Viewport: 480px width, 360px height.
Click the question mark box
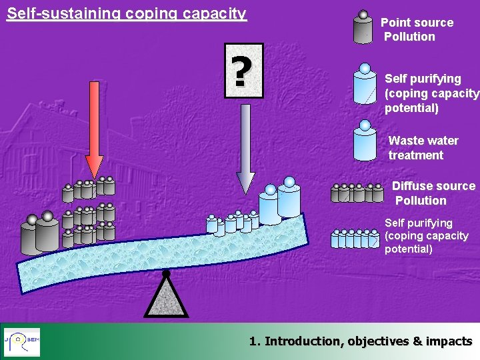(x=244, y=71)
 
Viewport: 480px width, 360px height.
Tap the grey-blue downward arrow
(x=245, y=147)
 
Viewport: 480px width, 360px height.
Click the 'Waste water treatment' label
(x=423, y=148)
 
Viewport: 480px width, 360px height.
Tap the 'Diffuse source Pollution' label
(x=433, y=193)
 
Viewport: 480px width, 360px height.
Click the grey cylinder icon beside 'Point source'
(x=363, y=27)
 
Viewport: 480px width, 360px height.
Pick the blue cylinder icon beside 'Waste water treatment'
(x=365, y=141)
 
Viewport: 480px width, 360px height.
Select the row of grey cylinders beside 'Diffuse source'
(x=357, y=193)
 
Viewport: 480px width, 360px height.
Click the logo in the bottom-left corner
(x=22, y=341)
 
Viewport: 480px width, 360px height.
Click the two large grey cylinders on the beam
(x=40, y=233)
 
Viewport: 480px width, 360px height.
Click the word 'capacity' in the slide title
(x=217, y=13)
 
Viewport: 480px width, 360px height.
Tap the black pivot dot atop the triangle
(x=166, y=273)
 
